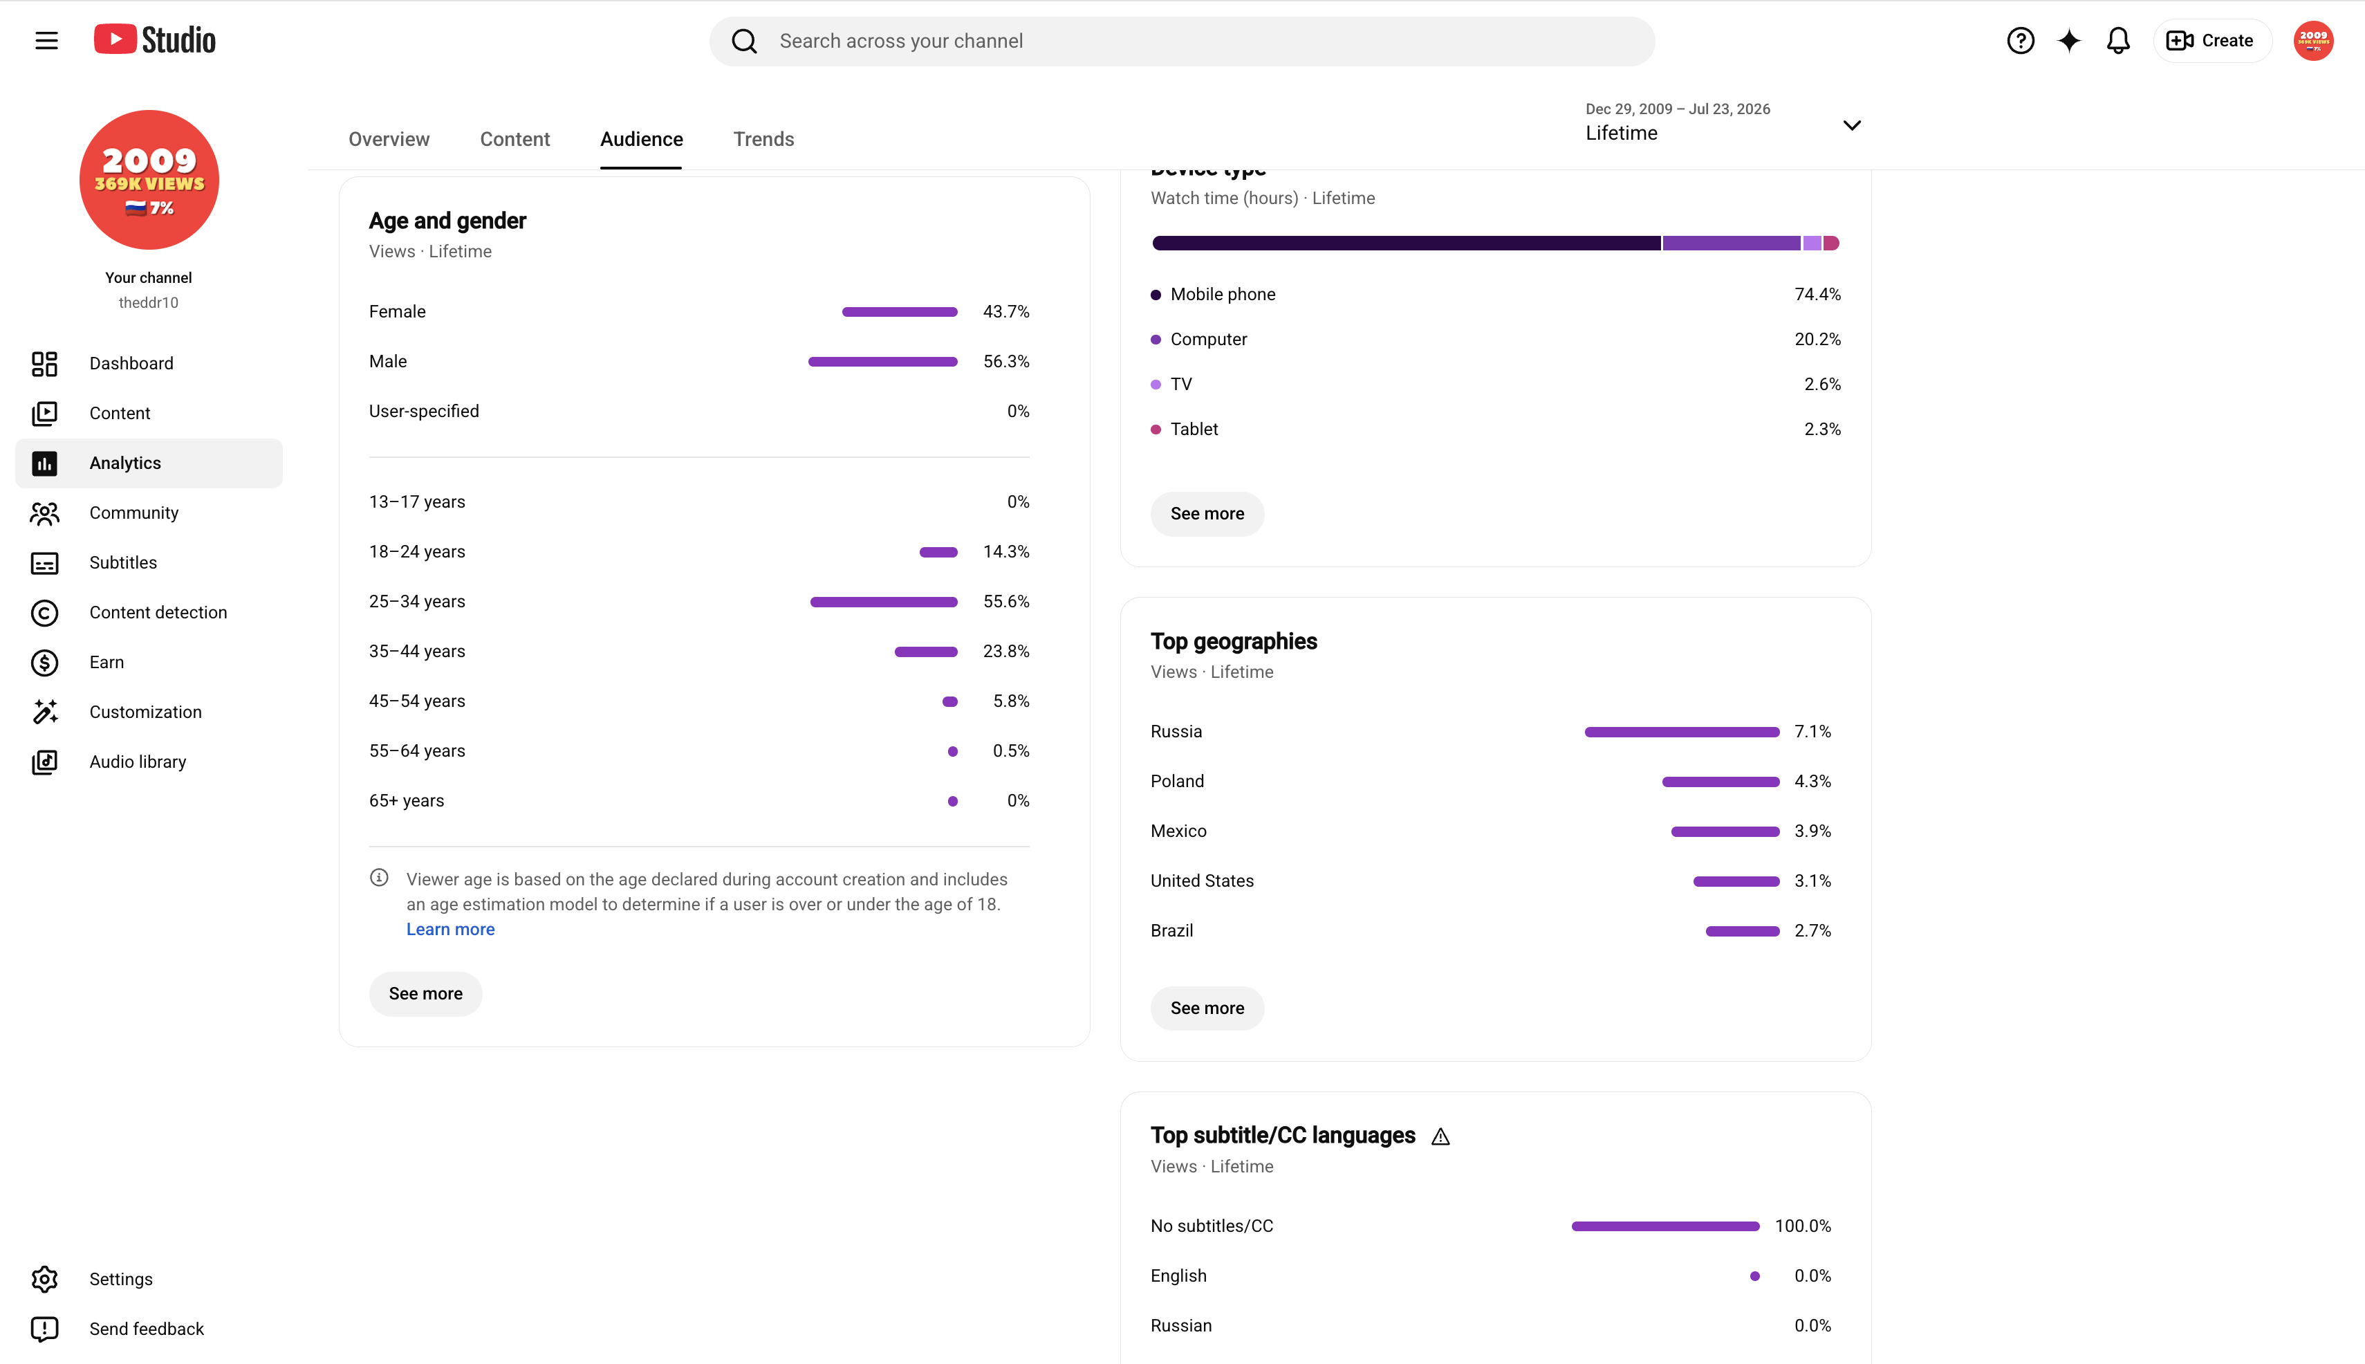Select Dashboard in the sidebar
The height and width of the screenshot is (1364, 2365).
pos(131,364)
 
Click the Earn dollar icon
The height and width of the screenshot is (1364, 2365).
pos(44,663)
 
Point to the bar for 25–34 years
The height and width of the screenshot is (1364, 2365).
pos(883,602)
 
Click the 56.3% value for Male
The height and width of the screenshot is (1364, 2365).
pos(1006,362)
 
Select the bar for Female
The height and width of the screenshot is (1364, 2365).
pos(899,312)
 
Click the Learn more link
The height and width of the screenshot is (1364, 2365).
pos(450,930)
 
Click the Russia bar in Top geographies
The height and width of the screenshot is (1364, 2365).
pos(1681,732)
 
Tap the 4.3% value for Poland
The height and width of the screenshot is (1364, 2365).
pos(1812,782)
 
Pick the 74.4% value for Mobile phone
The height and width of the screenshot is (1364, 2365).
pos(1817,294)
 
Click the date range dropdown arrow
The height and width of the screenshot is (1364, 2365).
pos(1852,125)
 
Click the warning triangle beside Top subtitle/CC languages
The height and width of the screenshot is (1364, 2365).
pos(1440,1136)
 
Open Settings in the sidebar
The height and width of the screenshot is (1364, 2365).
pos(121,1280)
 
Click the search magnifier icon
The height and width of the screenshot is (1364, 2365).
pos(745,42)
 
